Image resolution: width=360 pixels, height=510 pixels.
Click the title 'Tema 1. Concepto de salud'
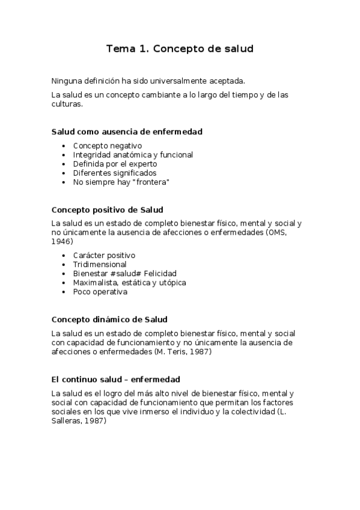tap(180, 49)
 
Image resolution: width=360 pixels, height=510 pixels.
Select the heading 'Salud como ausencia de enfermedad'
tap(127, 131)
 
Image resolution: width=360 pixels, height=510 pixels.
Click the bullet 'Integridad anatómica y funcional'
tap(133, 155)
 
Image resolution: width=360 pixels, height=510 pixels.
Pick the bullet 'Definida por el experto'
tap(115, 164)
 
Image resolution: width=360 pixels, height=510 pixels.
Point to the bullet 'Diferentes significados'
tap(114, 173)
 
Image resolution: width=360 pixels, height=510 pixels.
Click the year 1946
tap(62, 241)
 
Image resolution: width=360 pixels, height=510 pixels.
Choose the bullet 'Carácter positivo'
tap(104, 255)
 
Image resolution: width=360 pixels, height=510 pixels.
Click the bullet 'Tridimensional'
tap(100, 264)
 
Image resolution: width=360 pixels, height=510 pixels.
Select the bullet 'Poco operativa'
tap(100, 292)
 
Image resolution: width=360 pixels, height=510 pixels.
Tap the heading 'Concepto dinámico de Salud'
tap(109, 319)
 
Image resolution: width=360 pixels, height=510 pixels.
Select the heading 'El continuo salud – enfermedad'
tap(116, 379)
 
